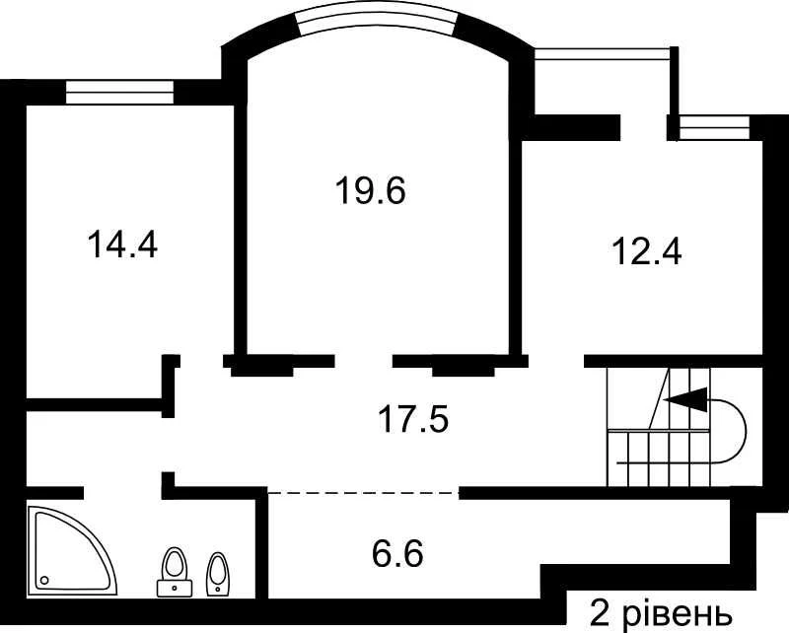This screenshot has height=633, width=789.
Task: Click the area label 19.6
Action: pyautogui.click(x=371, y=191)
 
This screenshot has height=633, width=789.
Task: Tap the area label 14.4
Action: pyautogui.click(x=122, y=245)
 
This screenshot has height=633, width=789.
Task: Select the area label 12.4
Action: pyautogui.click(x=647, y=251)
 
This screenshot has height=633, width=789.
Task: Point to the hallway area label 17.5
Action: pyautogui.click(x=412, y=419)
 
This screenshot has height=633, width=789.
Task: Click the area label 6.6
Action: pyautogui.click(x=397, y=552)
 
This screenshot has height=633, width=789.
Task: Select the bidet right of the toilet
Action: pyautogui.click(x=217, y=575)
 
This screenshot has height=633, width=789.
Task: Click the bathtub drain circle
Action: pyautogui.click(x=44, y=580)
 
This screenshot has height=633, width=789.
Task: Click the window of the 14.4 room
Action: pyautogui.click(x=119, y=93)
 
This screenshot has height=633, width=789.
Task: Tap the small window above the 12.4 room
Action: pyautogui.click(x=713, y=128)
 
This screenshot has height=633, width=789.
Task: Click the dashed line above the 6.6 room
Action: pyautogui.click(x=363, y=492)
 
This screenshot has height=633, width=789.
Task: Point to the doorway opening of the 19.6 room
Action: pyautogui.click(x=363, y=361)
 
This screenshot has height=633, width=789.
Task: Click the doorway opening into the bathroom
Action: pyautogui.click(x=122, y=492)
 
